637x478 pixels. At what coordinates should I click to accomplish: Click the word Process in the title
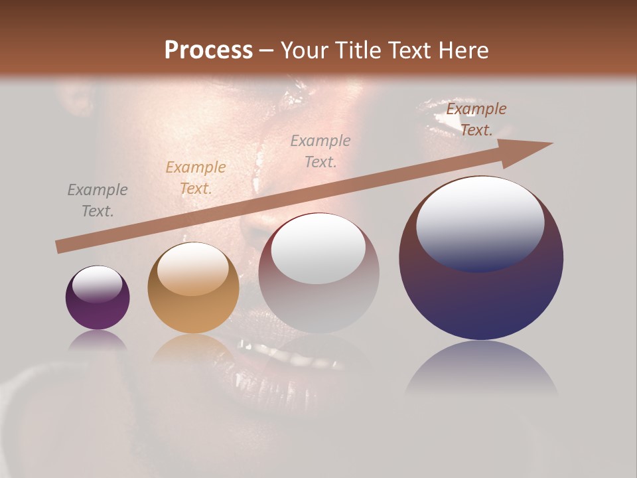coord(208,50)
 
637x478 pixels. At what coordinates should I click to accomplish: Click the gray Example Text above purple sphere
coord(98,200)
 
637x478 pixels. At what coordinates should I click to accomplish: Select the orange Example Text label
coord(195,178)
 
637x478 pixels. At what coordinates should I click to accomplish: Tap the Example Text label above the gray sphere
coord(320,151)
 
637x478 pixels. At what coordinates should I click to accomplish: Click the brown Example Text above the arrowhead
coord(476,119)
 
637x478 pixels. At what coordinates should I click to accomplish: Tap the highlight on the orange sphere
coord(192,269)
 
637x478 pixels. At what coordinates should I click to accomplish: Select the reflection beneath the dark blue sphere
coord(481,368)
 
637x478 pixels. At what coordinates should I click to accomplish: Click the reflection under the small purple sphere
coord(98,341)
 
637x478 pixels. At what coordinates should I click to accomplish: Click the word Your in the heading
coord(303,50)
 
